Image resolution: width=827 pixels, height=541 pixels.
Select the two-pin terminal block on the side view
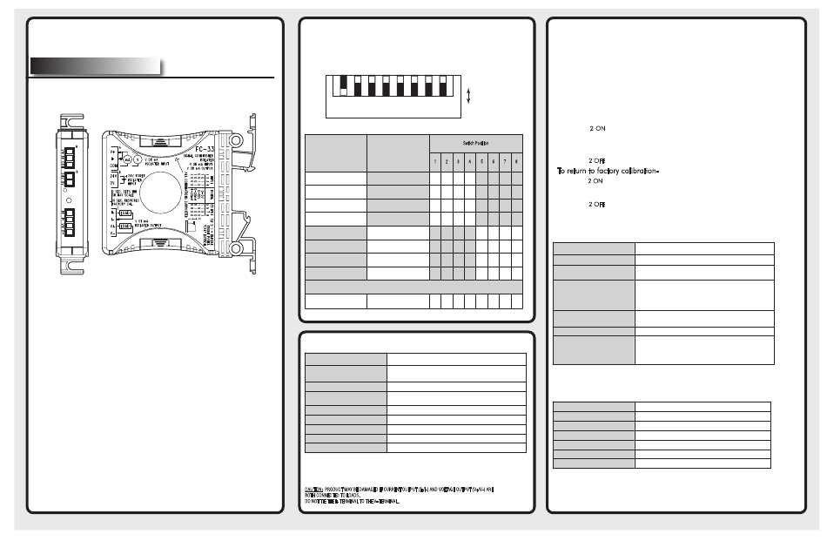click(x=68, y=187)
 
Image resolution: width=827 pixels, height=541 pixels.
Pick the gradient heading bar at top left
click(x=96, y=66)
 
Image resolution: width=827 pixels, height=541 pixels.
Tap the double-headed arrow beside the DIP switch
click(x=469, y=95)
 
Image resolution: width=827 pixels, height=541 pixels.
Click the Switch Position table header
click(x=474, y=142)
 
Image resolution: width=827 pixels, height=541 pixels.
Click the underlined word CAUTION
click(x=314, y=490)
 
